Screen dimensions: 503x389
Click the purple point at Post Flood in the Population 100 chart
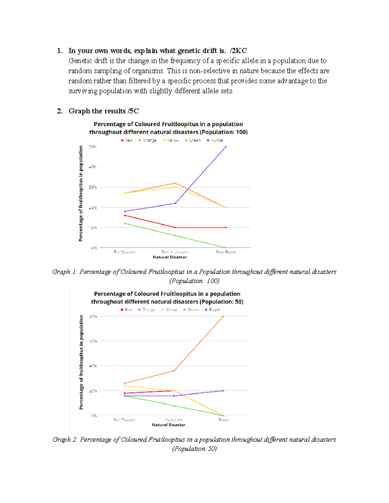(226, 147)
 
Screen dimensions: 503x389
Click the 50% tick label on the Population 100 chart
(93, 147)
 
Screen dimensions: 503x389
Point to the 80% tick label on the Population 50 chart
(93, 316)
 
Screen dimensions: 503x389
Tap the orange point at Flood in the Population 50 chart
(223, 316)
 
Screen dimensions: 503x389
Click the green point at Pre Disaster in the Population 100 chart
(125, 223)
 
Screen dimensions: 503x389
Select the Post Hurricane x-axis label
(175, 252)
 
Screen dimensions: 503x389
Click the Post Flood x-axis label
(226, 252)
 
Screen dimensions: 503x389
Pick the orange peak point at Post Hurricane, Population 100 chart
(175, 183)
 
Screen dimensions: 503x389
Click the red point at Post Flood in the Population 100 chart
(226, 227)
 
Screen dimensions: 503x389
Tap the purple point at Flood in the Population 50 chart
(223, 391)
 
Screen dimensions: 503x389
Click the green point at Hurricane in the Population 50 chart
(174, 406)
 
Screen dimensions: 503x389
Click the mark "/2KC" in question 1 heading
(238, 51)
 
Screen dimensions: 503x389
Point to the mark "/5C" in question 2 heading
(133, 111)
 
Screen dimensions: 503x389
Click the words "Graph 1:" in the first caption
(64, 272)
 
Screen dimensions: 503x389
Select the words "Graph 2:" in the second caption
(65, 440)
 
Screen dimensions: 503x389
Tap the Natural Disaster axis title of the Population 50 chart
(169, 425)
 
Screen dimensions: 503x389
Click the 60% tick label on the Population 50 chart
(93, 341)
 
